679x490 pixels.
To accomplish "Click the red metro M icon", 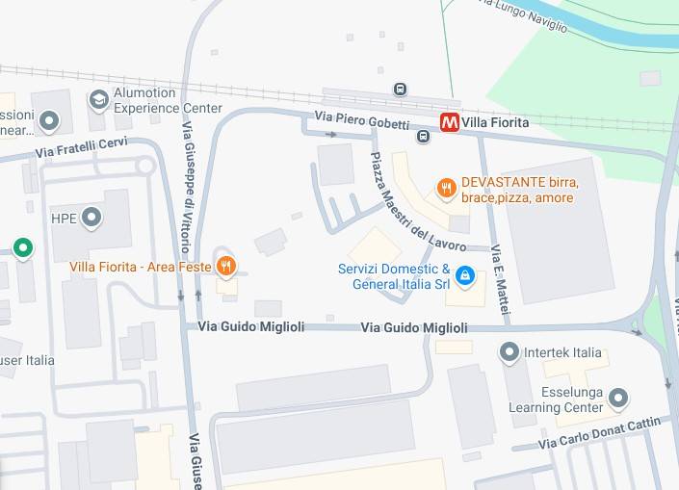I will (449, 122).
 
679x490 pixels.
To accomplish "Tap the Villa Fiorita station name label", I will (495, 123).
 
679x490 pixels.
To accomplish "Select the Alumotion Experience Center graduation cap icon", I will (98, 100).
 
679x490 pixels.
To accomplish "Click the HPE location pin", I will (91, 219).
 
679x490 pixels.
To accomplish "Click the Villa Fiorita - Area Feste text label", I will (141, 267).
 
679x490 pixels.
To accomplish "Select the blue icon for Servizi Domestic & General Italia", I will (465, 276).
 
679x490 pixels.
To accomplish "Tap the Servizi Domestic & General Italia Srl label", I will (394, 276).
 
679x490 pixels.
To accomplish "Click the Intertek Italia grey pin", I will (509, 353).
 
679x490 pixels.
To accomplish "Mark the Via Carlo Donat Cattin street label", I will (599, 433).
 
